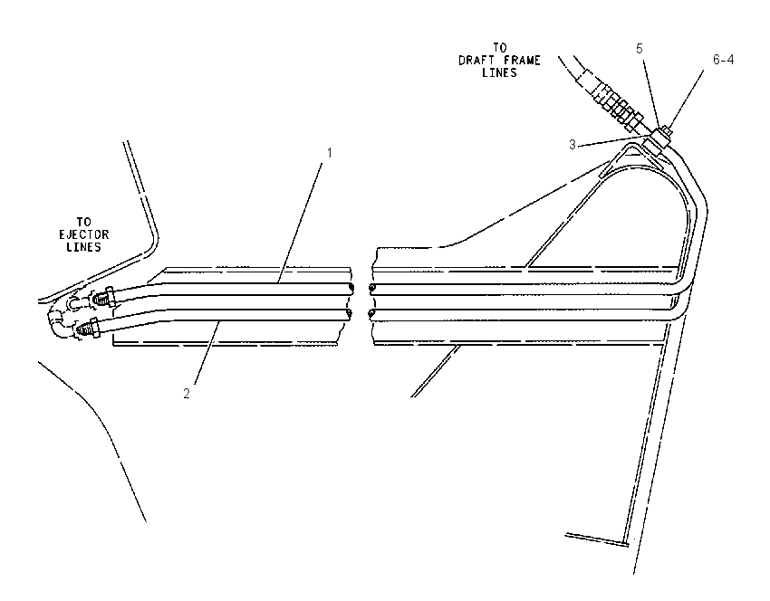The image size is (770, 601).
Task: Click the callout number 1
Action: [x=330, y=153]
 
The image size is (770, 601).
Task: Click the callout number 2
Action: [x=187, y=394]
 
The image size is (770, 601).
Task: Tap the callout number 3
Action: [x=573, y=145]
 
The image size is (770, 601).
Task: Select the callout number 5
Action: [x=640, y=49]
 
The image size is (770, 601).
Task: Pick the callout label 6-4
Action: [x=724, y=60]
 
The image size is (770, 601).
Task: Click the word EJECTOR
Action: [x=84, y=234]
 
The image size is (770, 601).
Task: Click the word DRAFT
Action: [x=475, y=61]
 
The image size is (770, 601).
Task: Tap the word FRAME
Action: [x=524, y=61]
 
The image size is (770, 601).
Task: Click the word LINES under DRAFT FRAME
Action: [x=499, y=72]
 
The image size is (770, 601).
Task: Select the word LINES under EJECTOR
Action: [x=84, y=247]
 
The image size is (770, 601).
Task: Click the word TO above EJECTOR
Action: [x=84, y=223]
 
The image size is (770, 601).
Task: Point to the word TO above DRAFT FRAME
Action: [x=500, y=48]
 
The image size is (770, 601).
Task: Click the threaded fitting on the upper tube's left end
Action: [x=104, y=299]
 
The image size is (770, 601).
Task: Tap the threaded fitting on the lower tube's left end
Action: [x=89, y=328]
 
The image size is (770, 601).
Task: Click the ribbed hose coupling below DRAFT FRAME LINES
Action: [x=612, y=101]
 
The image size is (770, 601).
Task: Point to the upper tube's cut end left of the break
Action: [x=351, y=288]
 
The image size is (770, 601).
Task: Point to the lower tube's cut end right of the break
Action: [x=372, y=314]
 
